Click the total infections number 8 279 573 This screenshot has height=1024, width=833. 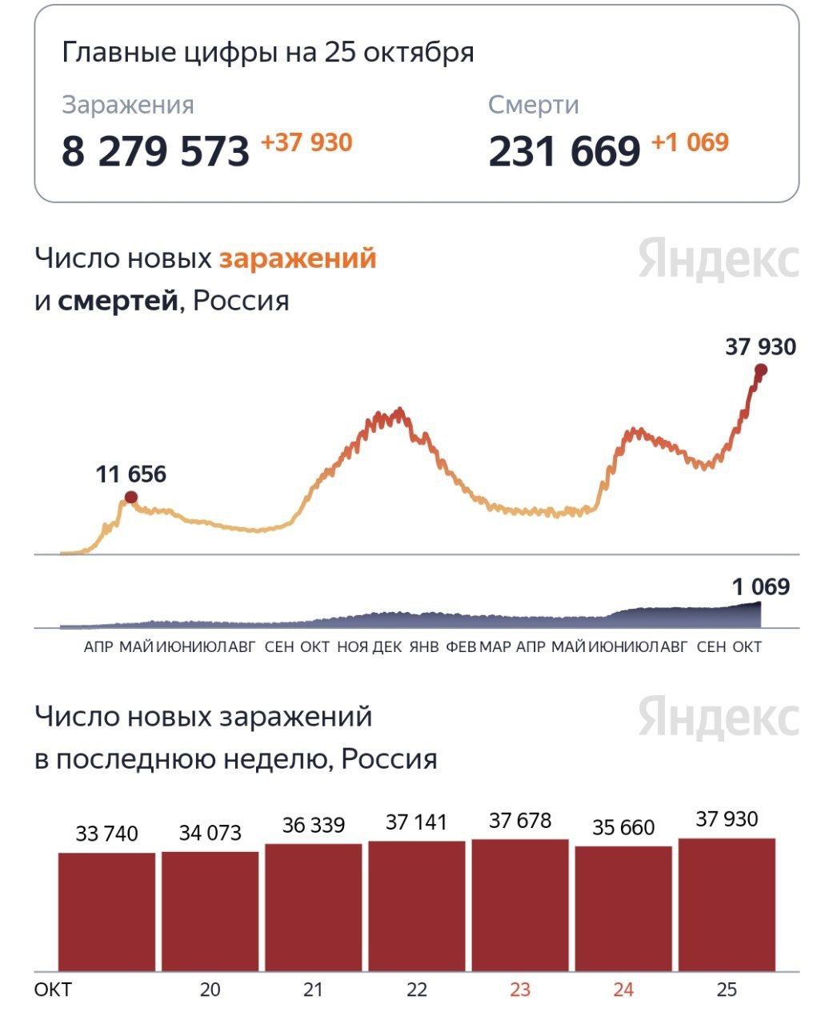pyautogui.click(x=155, y=151)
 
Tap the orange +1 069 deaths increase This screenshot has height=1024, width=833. pyautogui.click(x=690, y=143)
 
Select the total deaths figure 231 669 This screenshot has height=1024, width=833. pyautogui.click(x=564, y=151)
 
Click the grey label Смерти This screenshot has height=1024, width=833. pyautogui.click(x=533, y=105)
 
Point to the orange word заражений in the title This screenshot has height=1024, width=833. pyautogui.click(x=298, y=258)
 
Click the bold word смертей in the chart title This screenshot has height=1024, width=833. pyautogui.click(x=118, y=301)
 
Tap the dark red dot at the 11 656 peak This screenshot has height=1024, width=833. pyautogui.click(x=131, y=498)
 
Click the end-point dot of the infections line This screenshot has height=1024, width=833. pyautogui.click(x=761, y=370)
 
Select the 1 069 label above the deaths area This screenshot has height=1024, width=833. pyautogui.click(x=760, y=587)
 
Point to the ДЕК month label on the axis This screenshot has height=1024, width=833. pyautogui.click(x=387, y=646)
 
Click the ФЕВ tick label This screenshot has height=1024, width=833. pyautogui.click(x=461, y=646)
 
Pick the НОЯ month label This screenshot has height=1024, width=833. pyautogui.click(x=352, y=646)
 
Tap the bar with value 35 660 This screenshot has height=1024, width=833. pyautogui.click(x=623, y=909)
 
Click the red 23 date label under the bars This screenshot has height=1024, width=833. pyautogui.click(x=520, y=990)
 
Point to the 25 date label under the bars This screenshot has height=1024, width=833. pyautogui.click(x=727, y=990)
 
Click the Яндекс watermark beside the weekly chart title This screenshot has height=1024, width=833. pyautogui.click(x=719, y=718)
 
